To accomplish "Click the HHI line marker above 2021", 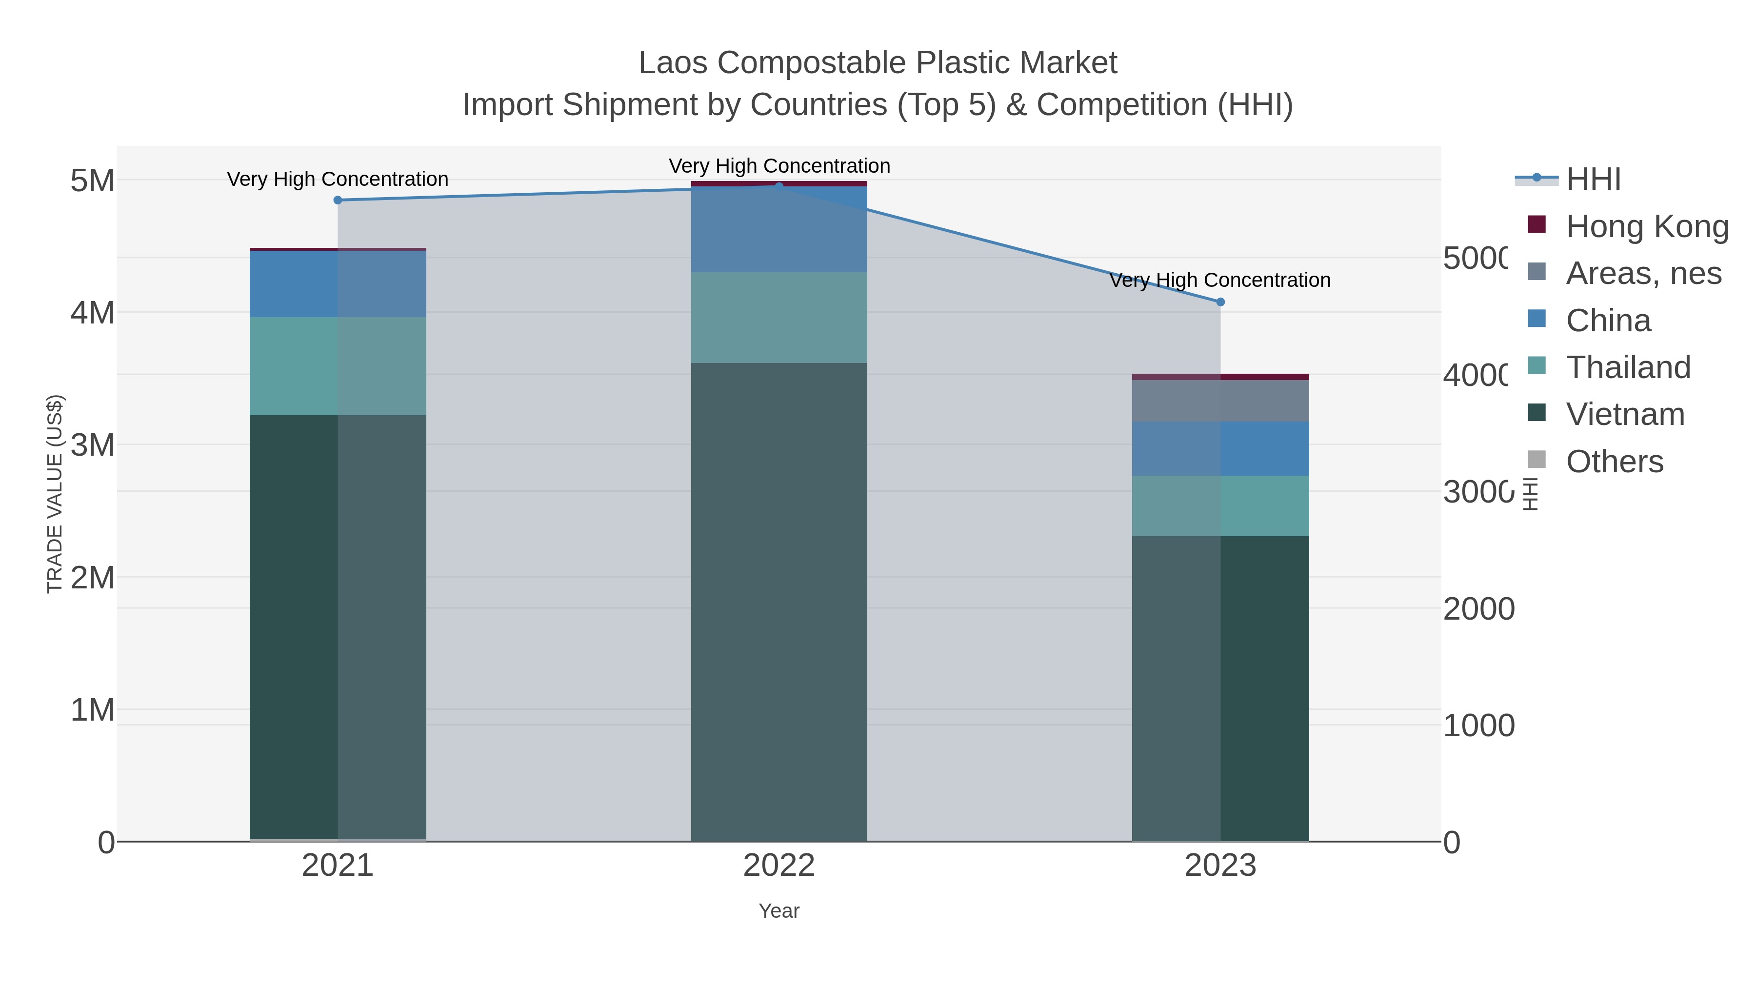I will click(338, 200).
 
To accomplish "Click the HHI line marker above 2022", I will click(779, 185).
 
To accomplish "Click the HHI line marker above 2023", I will click(1220, 302).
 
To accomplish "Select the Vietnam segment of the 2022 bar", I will click(779, 600).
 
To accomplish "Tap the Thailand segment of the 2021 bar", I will click(338, 366).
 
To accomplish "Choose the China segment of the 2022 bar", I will click(779, 229).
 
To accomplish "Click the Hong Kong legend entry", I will click(1646, 226).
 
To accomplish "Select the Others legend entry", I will click(1614, 462).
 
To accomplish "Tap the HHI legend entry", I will click(1593, 180).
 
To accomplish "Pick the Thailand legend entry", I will click(1628, 367).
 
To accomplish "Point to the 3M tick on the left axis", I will click(93, 445).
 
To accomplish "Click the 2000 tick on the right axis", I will click(1478, 609).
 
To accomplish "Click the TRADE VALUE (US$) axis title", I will click(55, 494).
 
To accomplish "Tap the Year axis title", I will click(779, 911).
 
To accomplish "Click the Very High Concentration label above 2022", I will click(779, 166).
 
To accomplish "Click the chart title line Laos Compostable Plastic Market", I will click(878, 63).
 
